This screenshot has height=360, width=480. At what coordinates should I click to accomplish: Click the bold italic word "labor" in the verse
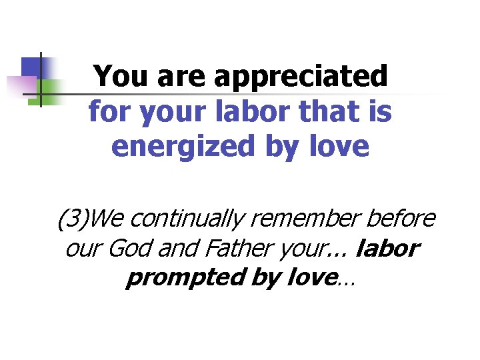pyautogui.click(x=388, y=249)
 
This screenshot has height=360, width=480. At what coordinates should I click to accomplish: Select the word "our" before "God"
pyautogui.click(x=81, y=249)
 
